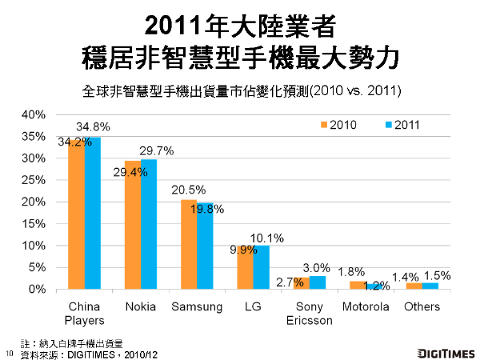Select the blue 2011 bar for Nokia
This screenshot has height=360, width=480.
[x=148, y=224]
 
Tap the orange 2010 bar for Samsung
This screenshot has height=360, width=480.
[x=189, y=244]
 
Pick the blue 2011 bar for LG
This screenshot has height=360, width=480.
[x=262, y=267]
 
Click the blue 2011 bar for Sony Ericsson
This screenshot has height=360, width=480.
[x=318, y=282]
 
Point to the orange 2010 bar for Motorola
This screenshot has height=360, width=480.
[x=358, y=285]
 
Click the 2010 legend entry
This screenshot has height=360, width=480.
[x=339, y=124]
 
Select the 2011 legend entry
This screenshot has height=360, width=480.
[x=402, y=124]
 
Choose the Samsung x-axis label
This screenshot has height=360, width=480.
[x=196, y=306]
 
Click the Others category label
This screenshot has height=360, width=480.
[x=422, y=306]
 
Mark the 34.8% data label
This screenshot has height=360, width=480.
[x=93, y=126]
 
